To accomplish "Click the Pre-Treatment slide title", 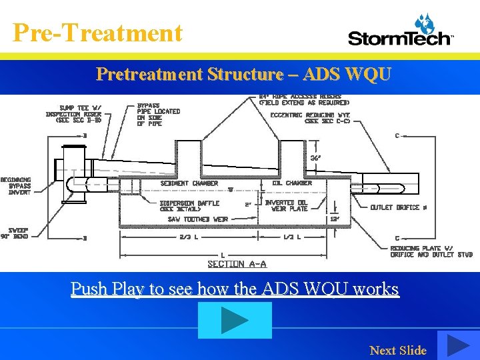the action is (97, 32).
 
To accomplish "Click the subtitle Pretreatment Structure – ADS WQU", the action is (243, 74).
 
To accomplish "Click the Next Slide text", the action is (398, 350).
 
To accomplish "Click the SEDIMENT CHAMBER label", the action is (189, 183).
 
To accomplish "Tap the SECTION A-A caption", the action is (237, 264).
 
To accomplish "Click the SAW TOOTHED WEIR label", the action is (198, 219).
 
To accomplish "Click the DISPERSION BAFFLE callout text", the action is (189, 206).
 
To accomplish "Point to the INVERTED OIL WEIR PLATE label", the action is (287, 205).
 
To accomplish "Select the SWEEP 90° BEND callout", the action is (14, 233).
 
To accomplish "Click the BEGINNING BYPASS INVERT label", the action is (15, 186).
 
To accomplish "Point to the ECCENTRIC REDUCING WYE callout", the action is (311, 118).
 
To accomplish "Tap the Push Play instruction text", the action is (235, 289).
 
